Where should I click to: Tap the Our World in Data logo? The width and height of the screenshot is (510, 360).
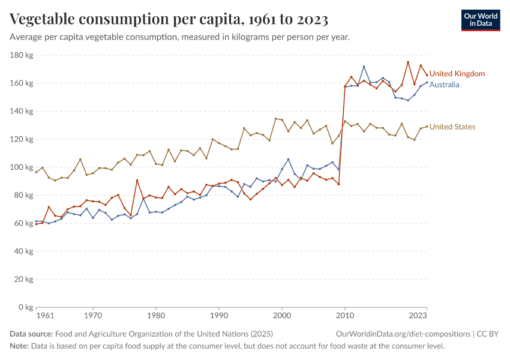(x=481, y=20)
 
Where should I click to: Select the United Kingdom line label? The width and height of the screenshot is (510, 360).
(x=457, y=74)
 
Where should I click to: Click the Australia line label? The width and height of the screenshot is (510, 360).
(x=444, y=85)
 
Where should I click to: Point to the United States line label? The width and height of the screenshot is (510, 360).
(x=452, y=127)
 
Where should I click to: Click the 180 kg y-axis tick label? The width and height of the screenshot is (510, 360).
(x=21, y=55)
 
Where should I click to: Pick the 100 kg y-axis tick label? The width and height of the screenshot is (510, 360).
(x=21, y=167)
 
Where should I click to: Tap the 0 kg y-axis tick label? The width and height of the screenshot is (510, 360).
(x=25, y=307)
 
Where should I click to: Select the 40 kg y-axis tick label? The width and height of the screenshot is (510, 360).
(x=23, y=251)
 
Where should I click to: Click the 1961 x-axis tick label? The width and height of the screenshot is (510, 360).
(x=44, y=316)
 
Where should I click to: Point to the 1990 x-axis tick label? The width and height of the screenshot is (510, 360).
(x=219, y=316)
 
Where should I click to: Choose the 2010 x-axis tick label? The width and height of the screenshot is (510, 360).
(x=344, y=316)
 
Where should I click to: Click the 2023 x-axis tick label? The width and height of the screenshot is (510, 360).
(x=418, y=316)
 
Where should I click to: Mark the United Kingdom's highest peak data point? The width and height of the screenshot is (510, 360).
(x=408, y=62)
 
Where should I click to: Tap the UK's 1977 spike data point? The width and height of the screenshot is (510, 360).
(x=137, y=180)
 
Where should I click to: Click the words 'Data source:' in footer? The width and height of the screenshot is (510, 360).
(x=31, y=334)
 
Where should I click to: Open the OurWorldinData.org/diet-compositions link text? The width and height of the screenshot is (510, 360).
(x=403, y=334)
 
